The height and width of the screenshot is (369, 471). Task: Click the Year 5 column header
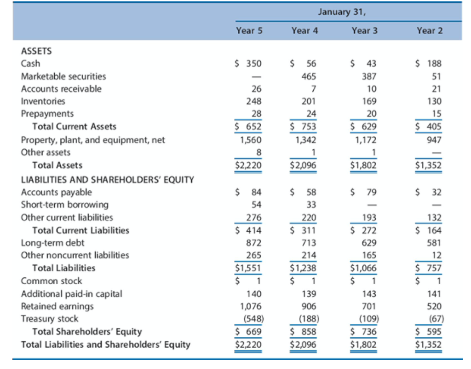pyautogui.click(x=249, y=31)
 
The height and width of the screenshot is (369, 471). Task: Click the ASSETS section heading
pyautogui.click(x=36, y=51)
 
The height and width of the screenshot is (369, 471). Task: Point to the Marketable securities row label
pyautogui.click(x=63, y=76)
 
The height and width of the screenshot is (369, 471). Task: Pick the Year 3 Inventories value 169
pyautogui.click(x=369, y=101)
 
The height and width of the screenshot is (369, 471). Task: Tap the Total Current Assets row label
pyautogui.click(x=74, y=127)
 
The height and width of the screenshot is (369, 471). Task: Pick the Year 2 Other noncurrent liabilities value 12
pyautogui.click(x=437, y=255)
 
